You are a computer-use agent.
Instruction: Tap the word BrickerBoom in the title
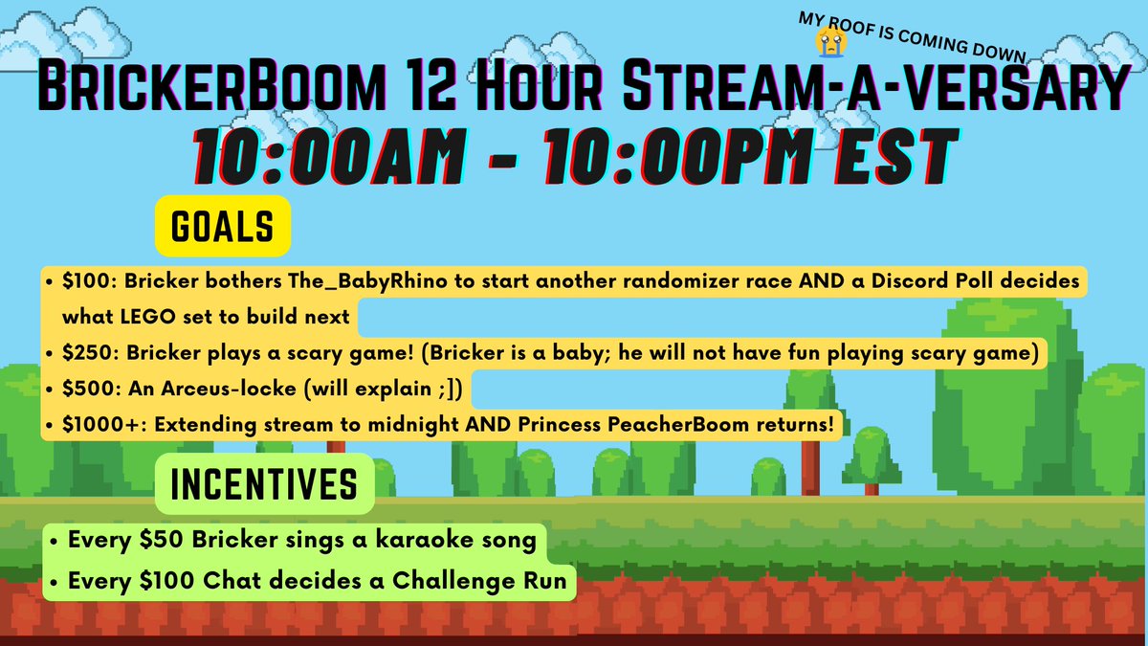186,91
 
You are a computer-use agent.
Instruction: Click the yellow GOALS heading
222,229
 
